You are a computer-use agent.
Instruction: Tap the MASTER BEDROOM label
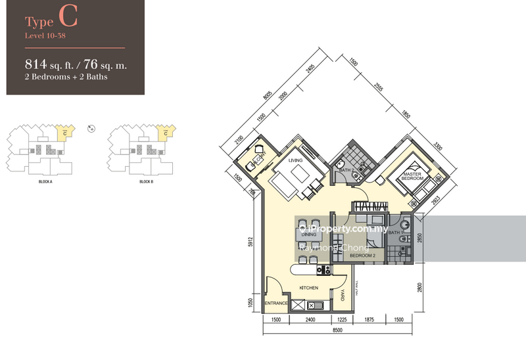tap(412, 175)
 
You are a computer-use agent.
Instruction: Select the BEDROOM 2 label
tap(362, 255)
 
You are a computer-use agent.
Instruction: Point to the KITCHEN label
tap(308, 288)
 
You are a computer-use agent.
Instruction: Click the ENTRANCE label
tap(276, 304)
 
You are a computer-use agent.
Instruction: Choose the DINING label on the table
tap(309, 234)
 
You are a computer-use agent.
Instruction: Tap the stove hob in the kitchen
tap(323, 269)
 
